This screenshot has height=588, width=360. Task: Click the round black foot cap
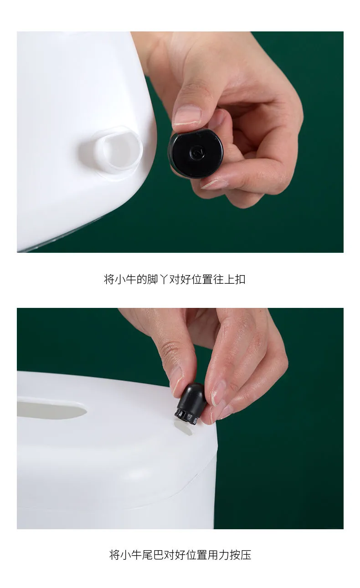(196, 153)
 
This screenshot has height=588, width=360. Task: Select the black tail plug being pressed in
(190, 404)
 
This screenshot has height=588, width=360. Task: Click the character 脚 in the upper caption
(152, 279)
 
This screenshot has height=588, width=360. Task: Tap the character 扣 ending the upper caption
(240, 279)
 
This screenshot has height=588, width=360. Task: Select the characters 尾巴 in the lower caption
(153, 555)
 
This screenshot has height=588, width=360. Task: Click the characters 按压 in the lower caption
(241, 555)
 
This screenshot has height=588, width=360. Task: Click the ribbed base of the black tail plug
(186, 417)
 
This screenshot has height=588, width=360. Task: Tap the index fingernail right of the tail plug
(218, 394)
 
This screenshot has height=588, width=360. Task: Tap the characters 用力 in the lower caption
(218, 555)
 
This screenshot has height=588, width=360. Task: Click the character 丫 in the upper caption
(163, 279)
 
